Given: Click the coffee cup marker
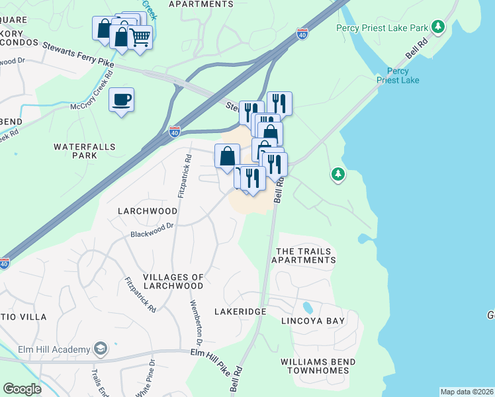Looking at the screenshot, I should pyautogui.click(x=121, y=100).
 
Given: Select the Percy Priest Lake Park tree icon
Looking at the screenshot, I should pyautogui.click(x=437, y=27).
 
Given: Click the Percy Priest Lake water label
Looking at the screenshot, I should pyautogui.click(x=398, y=75).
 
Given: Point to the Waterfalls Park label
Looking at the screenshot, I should pyautogui.click(x=85, y=151).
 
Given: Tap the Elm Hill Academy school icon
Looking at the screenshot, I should pyautogui.click(x=101, y=349).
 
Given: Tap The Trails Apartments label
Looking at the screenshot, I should pyautogui.click(x=305, y=255).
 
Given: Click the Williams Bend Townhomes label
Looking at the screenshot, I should pyautogui.click(x=318, y=366).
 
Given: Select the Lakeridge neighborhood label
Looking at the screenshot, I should pyautogui.click(x=240, y=311).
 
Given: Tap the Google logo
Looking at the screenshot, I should pyautogui.click(x=22, y=389).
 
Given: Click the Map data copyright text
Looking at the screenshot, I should pyautogui.click(x=467, y=392).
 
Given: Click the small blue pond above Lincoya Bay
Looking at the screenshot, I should pyautogui.click(x=307, y=308).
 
